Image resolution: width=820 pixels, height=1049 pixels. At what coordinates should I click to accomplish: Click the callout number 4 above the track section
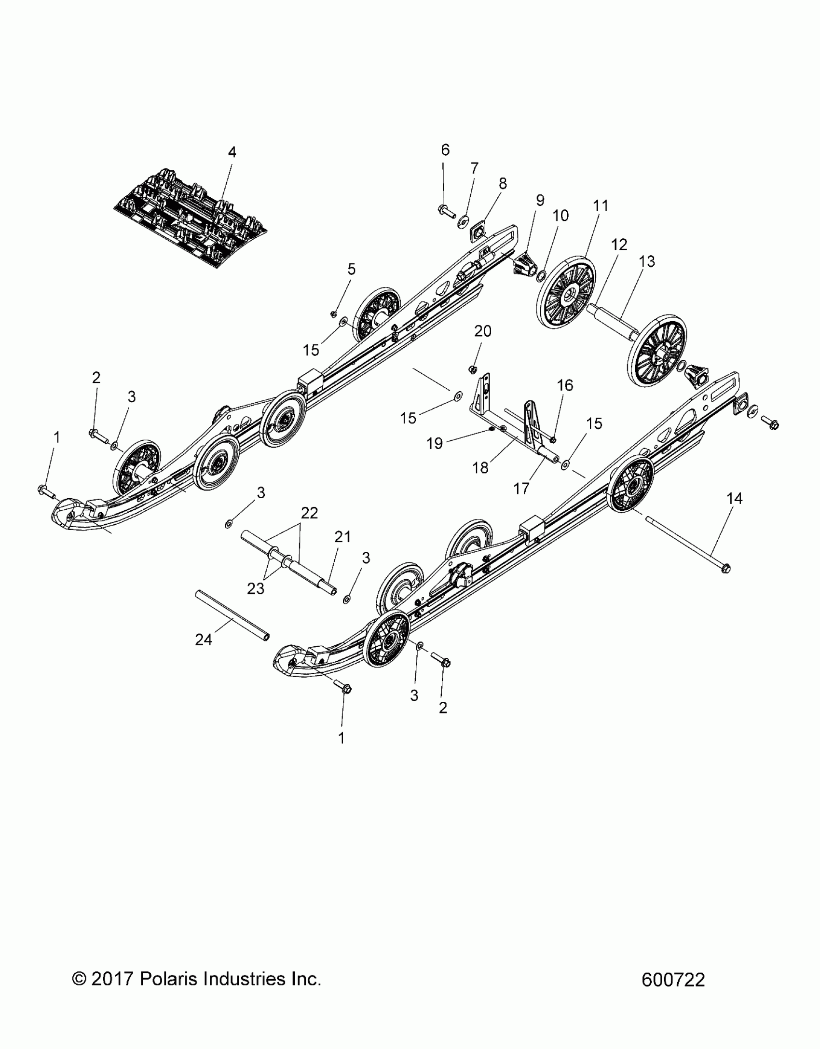click(x=232, y=152)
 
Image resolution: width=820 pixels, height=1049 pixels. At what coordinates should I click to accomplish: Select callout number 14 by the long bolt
click(x=734, y=499)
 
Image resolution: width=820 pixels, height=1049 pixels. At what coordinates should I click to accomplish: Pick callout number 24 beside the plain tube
click(x=204, y=640)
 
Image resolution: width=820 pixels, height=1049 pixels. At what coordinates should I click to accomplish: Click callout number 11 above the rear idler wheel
click(x=601, y=206)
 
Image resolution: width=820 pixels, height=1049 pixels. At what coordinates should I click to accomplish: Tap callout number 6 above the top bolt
click(x=445, y=150)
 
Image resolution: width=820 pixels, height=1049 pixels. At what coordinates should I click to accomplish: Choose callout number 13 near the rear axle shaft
click(x=647, y=261)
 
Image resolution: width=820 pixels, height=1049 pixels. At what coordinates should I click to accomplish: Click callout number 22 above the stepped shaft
click(x=309, y=513)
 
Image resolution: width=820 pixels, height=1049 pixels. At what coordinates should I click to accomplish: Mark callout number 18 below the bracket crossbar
click(x=480, y=467)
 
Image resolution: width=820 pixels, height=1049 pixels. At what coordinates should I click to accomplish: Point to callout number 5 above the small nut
click(x=351, y=269)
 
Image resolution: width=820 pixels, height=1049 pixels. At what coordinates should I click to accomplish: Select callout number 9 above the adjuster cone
click(x=540, y=200)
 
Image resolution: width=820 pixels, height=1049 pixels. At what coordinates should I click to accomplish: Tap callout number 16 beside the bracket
click(x=565, y=385)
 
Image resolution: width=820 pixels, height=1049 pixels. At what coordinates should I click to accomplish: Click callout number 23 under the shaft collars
click(x=256, y=588)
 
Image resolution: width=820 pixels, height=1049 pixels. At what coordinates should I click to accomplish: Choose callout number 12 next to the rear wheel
click(x=619, y=245)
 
